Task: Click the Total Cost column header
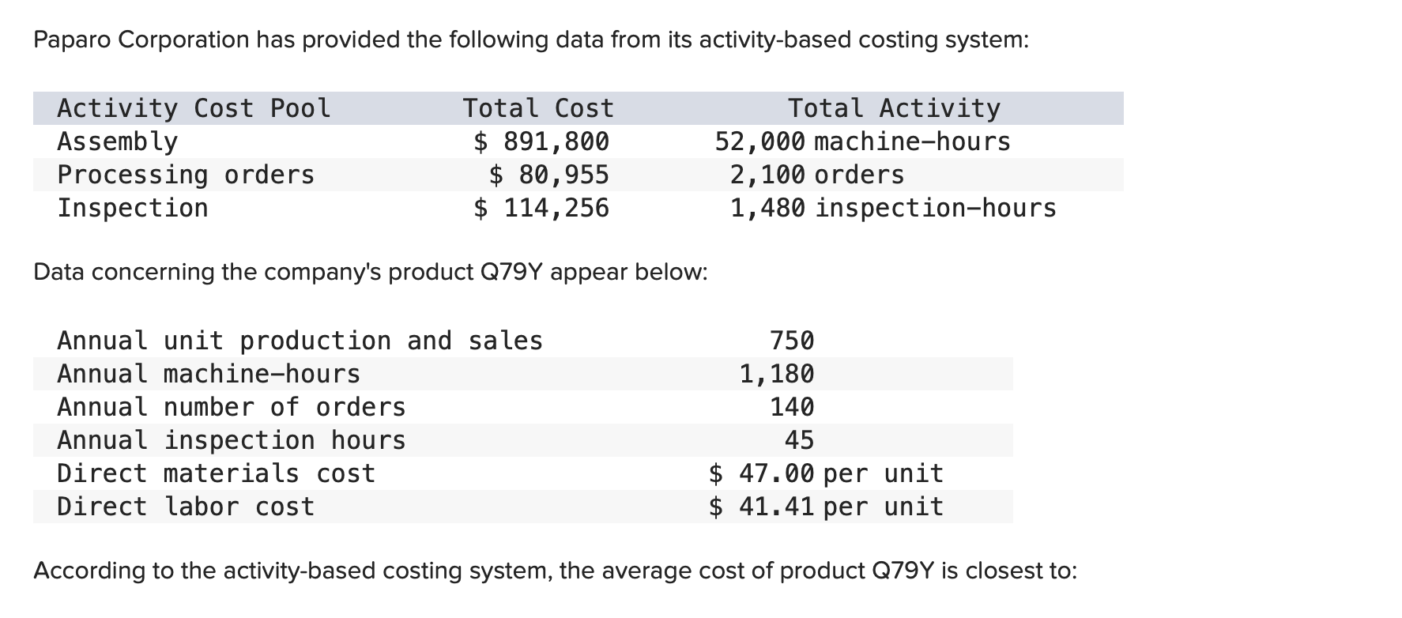pos(537,108)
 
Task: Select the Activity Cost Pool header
pos(194,108)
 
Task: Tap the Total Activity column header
pos(894,108)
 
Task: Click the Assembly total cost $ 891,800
pos(541,141)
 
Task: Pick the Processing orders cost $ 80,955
pos(549,175)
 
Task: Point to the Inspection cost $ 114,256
pos(541,208)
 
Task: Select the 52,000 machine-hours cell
pos(862,141)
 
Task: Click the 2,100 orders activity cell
pos(816,175)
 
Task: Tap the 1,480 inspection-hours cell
pos(892,208)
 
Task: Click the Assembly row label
pos(118,141)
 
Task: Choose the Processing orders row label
pos(186,175)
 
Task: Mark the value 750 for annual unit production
pos(792,341)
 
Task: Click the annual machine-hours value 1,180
pos(777,374)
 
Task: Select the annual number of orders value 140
pos(792,407)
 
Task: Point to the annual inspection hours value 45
pos(799,440)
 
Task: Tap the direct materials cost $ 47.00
pos(761,473)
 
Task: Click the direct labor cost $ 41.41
pos(761,507)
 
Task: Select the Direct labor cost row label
pos(186,507)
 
